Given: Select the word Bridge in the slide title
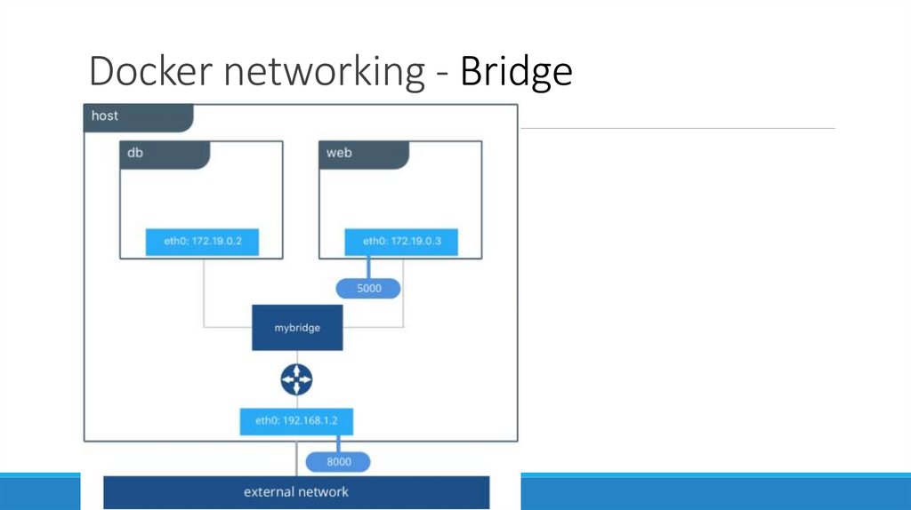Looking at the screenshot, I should click(x=516, y=71).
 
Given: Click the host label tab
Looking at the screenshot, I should click(x=105, y=116).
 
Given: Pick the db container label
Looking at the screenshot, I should click(x=135, y=153).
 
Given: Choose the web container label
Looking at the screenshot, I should click(x=339, y=153).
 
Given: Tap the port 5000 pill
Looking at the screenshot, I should click(x=368, y=289).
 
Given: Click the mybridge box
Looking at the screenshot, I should click(x=297, y=328).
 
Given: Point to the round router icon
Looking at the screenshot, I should click(x=297, y=380).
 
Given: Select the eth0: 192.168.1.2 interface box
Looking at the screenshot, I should click(x=296, y=421).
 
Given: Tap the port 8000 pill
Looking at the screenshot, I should click(x=338, y=462).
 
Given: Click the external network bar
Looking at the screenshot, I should click(x=296, y=492).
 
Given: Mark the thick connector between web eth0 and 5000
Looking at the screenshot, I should click(x=367, y=267).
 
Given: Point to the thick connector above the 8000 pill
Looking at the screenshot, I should click(x=337, y=443).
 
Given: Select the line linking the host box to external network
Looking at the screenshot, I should click(x=296, y=458).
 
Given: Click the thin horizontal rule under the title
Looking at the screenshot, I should click(x=676, y=129).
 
